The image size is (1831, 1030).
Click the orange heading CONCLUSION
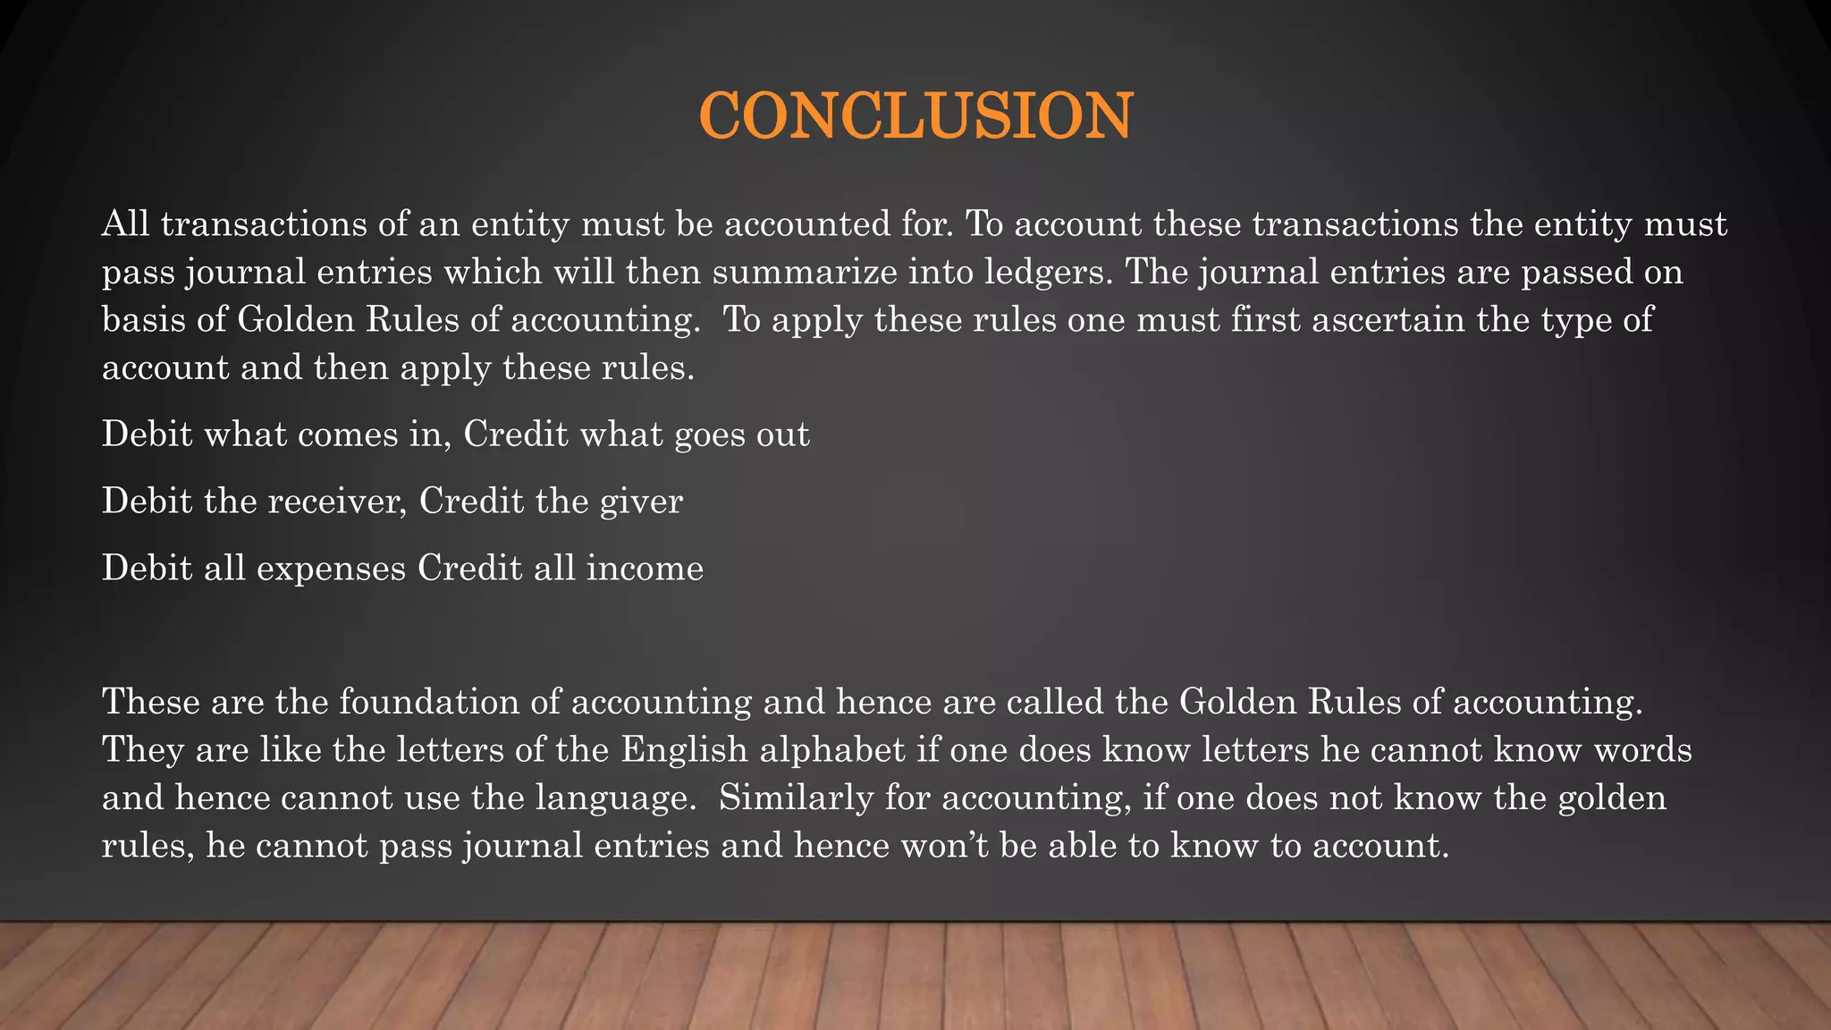point(915,116)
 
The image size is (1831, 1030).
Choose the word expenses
point(331,569)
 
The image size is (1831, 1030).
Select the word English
point(684,749)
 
